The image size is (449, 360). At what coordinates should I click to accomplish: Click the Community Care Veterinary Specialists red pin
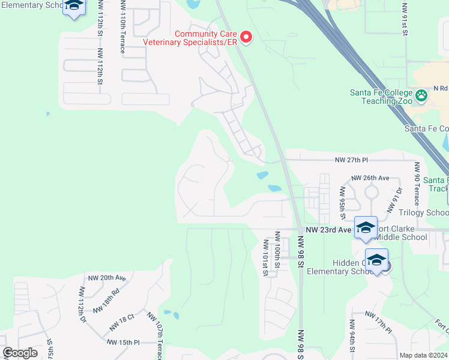point(246,37)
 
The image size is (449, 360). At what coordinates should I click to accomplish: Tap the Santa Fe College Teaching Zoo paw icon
point(421,95)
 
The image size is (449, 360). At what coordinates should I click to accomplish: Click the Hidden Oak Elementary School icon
point(376,260)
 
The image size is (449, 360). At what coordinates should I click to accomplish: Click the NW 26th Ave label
point(370,178)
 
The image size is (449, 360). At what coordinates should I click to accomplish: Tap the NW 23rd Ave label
point(328,229)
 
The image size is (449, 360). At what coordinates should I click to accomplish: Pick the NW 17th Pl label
point(377,323)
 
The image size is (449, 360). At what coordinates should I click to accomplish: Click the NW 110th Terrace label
point(123,27)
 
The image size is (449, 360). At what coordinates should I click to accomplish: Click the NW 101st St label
point(265,258)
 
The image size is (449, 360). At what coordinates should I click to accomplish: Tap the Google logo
point(20,353)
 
